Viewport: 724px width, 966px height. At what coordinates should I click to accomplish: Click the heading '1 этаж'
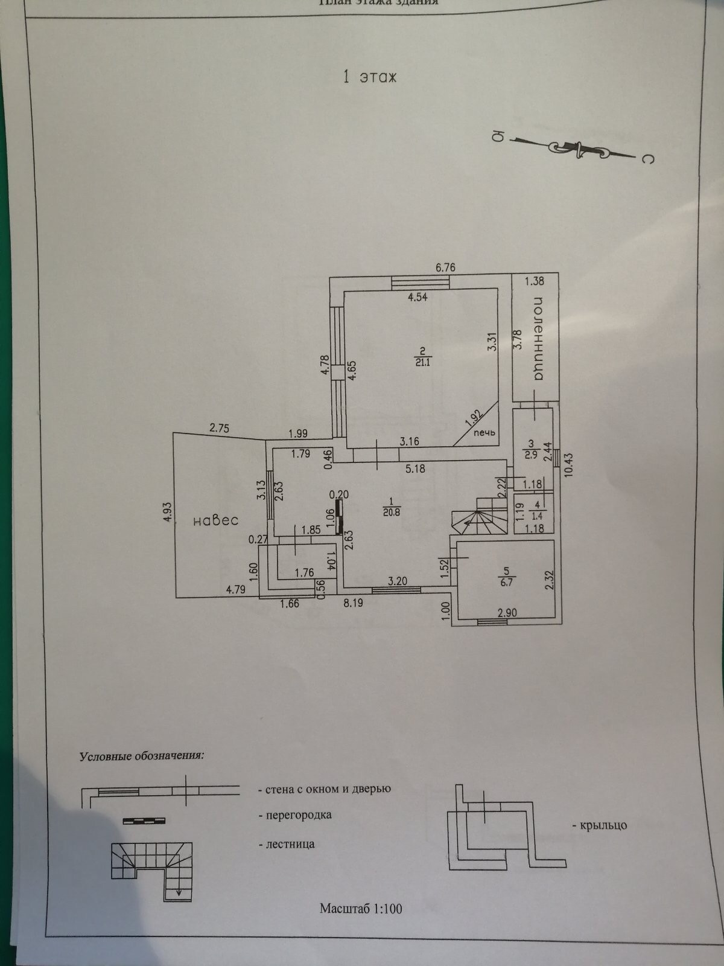(369, 77)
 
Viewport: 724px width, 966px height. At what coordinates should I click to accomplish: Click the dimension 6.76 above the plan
(445, 267)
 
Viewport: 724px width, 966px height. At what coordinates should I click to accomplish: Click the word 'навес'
(216, 520)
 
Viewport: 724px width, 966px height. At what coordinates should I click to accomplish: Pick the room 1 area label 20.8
(392, 511)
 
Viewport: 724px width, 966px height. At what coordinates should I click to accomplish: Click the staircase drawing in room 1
(480, 518)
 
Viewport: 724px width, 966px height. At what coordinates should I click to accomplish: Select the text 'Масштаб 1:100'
(361, 908)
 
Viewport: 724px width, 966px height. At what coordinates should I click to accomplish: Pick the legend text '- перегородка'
(295, 815)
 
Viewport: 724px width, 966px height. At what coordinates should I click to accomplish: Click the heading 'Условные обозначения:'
(142, 756)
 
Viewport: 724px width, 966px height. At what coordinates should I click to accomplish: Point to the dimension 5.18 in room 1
(416, 468)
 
